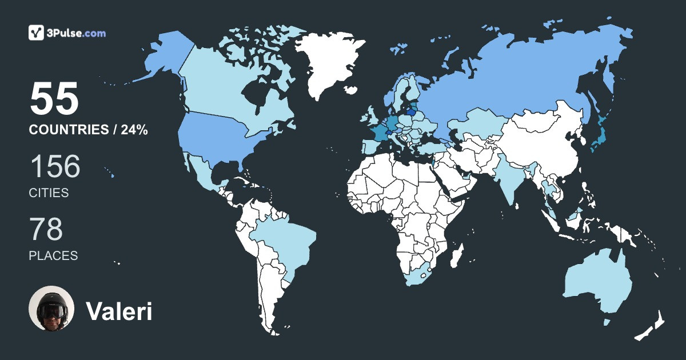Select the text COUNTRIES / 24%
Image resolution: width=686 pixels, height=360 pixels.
click(x=89, y=130)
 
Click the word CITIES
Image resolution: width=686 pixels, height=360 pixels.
click(x=49, y=193)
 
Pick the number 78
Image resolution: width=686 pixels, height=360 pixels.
click(x=46, y=230)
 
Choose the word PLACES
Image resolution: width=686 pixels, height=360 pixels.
click(x=53, y=256)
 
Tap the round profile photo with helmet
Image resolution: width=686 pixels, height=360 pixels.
click(x=51, y=309)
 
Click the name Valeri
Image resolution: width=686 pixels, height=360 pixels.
click(x=119, y=311)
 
